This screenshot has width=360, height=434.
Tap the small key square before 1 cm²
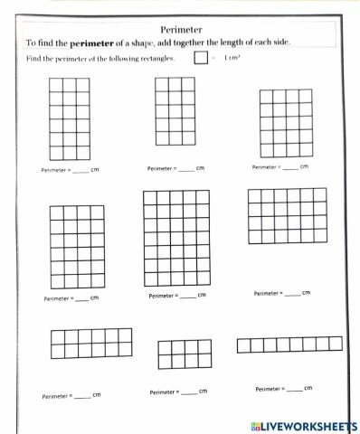coord(201,59)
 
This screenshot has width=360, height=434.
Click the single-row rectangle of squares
coord(289,344)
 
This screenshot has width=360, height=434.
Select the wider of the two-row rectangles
coord(90,343)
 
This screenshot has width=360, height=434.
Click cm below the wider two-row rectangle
coord(97,394)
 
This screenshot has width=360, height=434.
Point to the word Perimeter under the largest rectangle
coord(163,296)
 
